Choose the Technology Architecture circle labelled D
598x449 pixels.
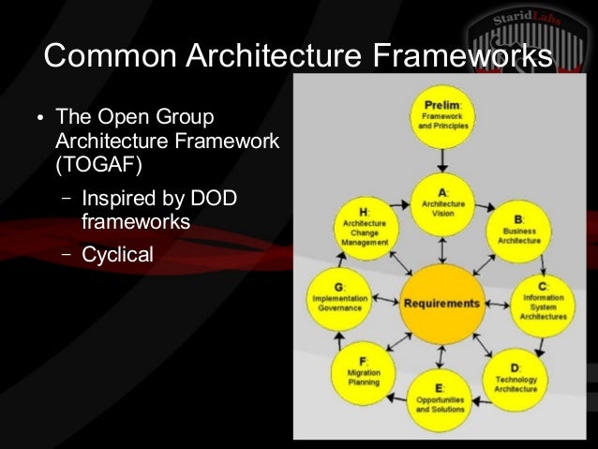click(x=516, y=375)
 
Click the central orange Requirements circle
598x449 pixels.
click(x=441, y=304)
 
